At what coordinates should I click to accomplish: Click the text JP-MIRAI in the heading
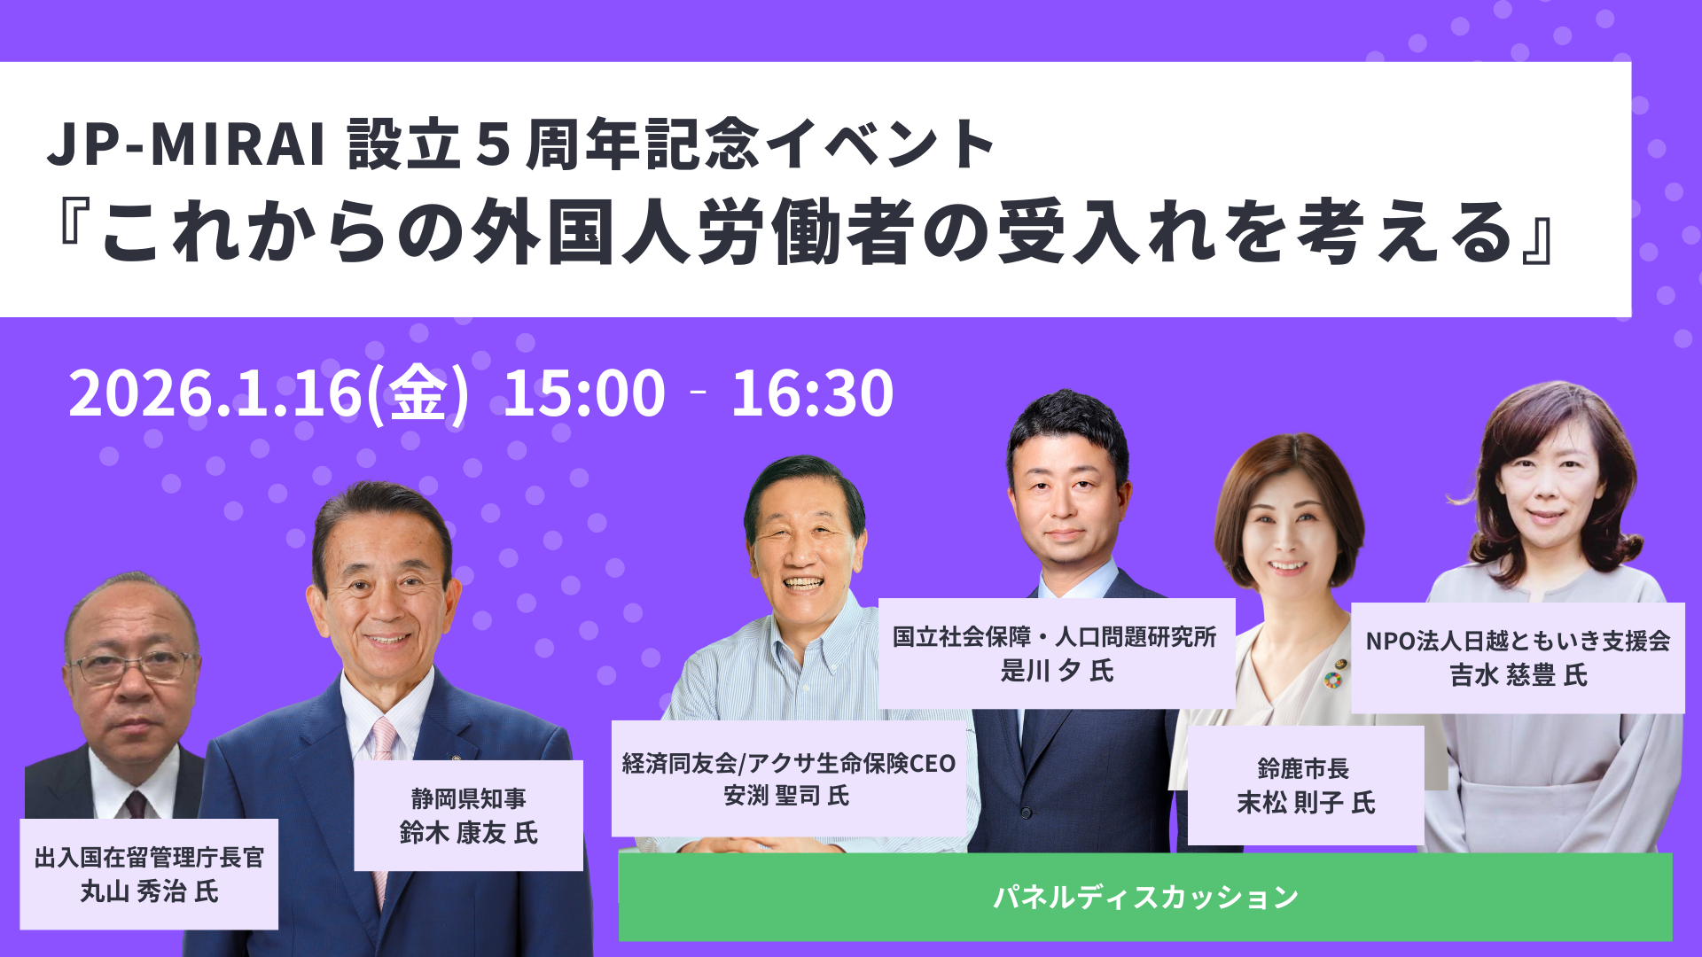click(186, 144)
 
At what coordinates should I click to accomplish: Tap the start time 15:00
click(584, 393)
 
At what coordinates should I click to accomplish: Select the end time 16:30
click(812, 393)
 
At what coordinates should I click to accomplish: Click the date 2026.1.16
click(215, 393)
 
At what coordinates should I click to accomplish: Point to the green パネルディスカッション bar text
click(1145, 897)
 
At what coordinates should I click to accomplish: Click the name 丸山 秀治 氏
click(149, 891)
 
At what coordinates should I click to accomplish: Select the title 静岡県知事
click(468, 798)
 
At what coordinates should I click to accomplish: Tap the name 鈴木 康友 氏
click(468, 833)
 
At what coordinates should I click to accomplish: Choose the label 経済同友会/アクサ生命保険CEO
click(789, 763)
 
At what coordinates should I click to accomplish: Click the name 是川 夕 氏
click(1057, 671)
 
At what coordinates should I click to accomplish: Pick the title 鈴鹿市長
click(1303, 768)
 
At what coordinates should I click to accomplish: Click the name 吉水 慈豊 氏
click(1519, 675)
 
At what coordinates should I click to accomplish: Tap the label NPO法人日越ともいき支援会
click(1518, 641)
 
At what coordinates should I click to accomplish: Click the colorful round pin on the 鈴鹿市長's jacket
click(1332, 680)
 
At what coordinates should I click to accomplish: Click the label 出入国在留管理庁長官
click(149, 857)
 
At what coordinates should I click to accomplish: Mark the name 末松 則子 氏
click(1306, 803)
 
